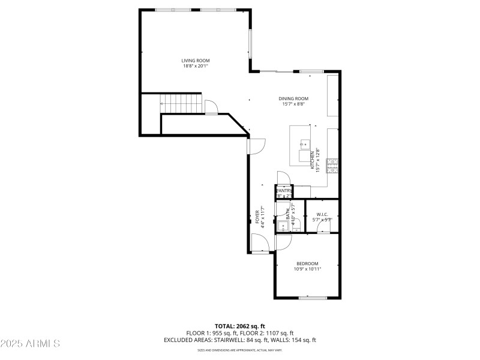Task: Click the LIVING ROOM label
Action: [x=196, y=61]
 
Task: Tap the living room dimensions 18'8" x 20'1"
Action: [x=196, y=66]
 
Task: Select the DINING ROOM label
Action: [x=293, y=98]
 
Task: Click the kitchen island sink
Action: [x=305, y=144]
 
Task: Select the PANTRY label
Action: [x=283, y=190]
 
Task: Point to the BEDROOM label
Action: [x=307, y=263]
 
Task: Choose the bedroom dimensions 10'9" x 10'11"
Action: [x=307, y=269]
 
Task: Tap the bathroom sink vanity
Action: [x=282, y=226]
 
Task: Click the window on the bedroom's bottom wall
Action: [x=313, y=298]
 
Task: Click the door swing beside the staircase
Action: [x=211, y=107]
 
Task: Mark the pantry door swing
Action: [x=283, y=178]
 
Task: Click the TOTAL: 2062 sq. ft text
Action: [x=239, y=326]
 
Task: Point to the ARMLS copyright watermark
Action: [x=30, y=344]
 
